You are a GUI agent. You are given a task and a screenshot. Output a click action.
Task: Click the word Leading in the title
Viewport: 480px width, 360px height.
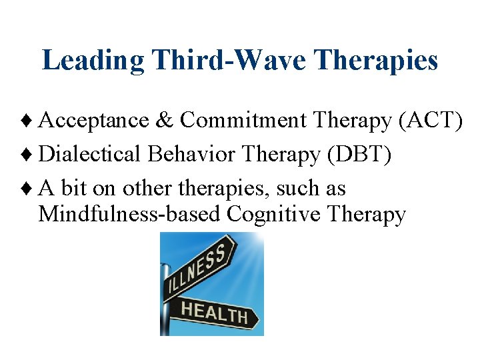tap(93, 61)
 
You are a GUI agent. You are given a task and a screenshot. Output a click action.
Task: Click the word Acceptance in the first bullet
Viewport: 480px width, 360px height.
tap(94, 120)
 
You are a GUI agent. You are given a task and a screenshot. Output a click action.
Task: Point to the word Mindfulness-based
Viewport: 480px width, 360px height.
tap(130, 215)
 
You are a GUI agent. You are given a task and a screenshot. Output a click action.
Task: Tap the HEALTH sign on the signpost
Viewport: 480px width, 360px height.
tap(214, 311)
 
